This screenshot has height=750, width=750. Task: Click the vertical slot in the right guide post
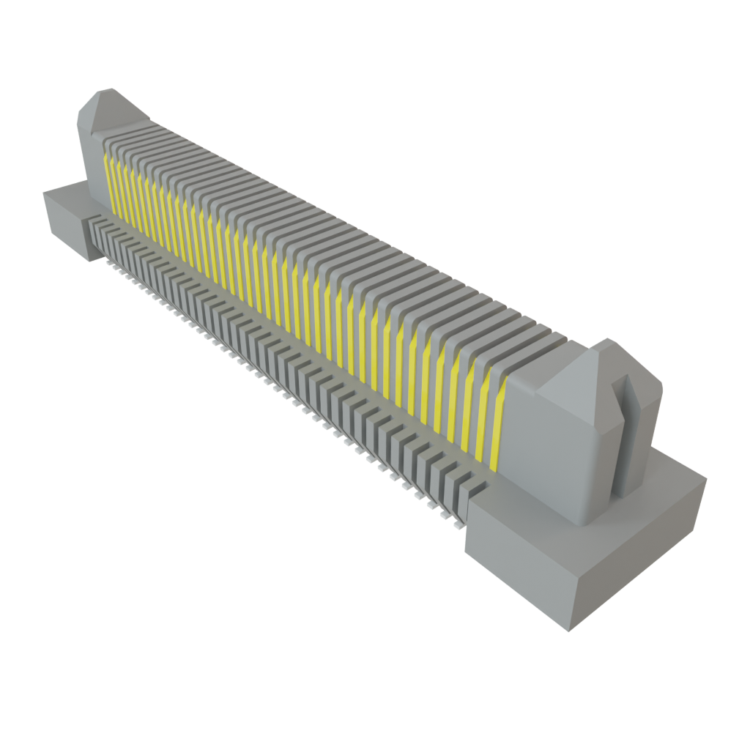pos(628,439)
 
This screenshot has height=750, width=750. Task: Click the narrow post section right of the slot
pos(648,439)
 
